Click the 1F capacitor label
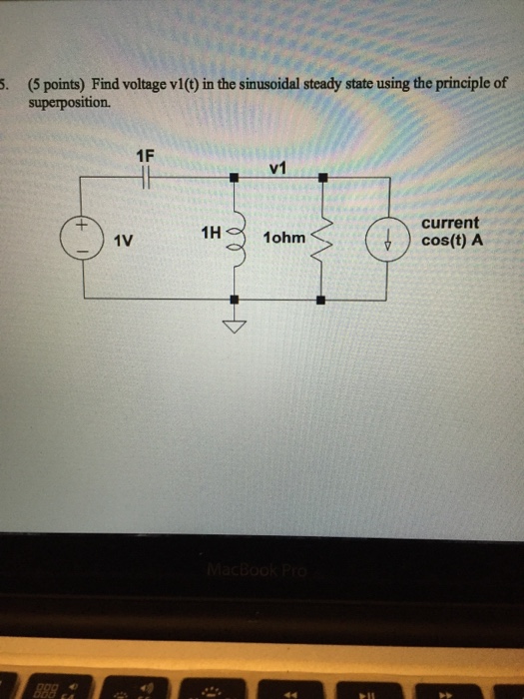146,156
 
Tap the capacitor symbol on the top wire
146,178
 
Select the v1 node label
278,169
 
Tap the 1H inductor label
210,234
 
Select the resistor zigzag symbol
320,239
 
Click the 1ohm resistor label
283,240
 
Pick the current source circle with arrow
386,240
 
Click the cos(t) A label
451,240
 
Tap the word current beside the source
450,224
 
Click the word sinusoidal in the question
282,86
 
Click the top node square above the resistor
320,178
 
